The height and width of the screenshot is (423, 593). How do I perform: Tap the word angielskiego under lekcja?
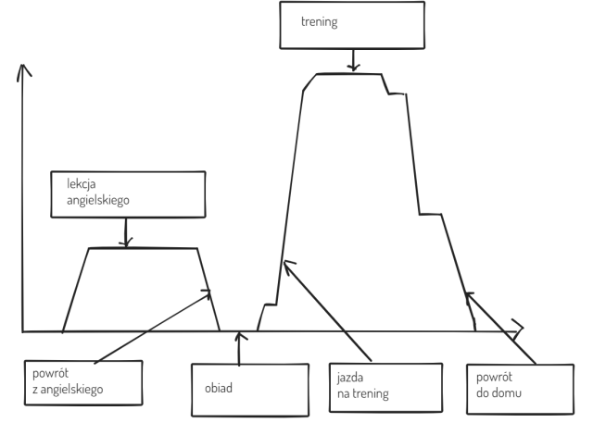pyautogui.click(x=91, y=198)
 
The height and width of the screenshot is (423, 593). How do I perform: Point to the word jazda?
pyautogui.click(x=351, y=379)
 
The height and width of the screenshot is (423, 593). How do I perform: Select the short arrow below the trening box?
pyautogui.click(x=352, y=61)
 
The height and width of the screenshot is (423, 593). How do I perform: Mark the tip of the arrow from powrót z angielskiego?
pyautogui.click(x=211, y=290)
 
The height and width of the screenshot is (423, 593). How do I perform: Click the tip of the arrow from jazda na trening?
pyautogui.click(x=285, y=263)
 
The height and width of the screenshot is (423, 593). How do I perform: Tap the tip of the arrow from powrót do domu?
pyautogui.click(x=467, y=292)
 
